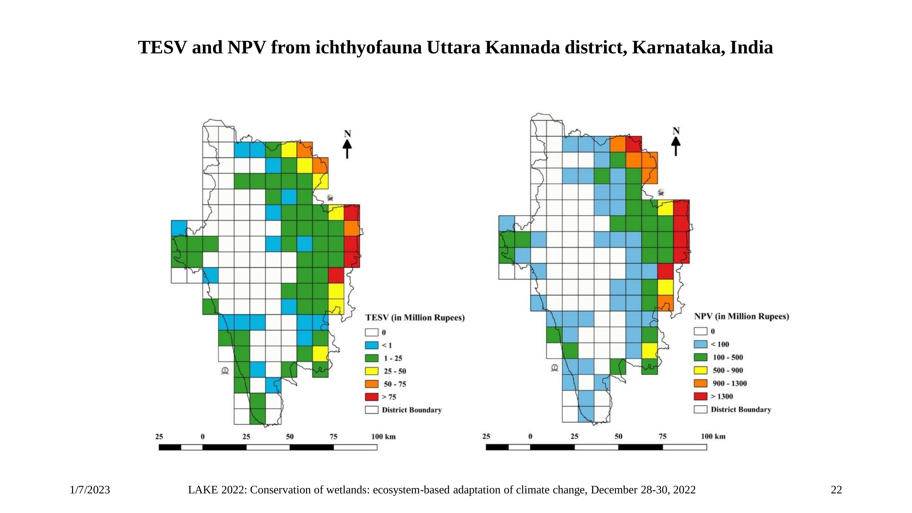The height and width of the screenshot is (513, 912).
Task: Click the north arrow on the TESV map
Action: pos(347,145)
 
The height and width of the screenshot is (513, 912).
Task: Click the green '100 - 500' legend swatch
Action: pos(700,357)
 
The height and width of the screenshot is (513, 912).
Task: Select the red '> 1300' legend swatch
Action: pos(700,396)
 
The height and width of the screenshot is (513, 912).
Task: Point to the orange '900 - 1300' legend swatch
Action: pos(700,383)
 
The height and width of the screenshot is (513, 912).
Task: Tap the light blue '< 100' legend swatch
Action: pos(700,344)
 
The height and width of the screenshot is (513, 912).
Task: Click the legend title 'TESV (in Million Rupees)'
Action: pos(415,318)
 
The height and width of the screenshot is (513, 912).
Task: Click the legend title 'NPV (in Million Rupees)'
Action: pos(741,316)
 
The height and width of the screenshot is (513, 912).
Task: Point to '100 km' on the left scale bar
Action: pos(383,437)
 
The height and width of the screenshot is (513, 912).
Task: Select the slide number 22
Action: pos(836,490)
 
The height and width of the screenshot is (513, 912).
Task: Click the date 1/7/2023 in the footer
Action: pos(90,490)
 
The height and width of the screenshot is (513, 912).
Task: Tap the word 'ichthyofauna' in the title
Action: pos(368,47)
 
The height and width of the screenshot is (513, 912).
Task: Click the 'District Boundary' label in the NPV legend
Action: pos(741,410)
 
